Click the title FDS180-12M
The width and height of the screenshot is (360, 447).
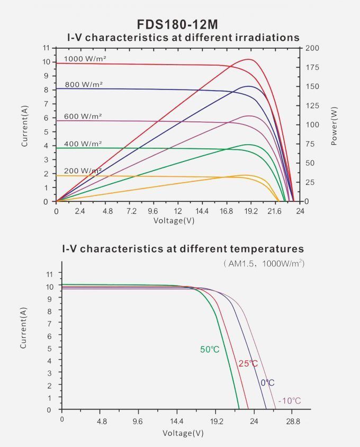click(177, 24)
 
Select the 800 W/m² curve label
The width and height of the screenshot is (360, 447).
click(84, 84)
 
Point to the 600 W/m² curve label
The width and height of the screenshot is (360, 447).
click(83, 116)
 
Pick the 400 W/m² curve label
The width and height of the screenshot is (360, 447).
click(83, 144)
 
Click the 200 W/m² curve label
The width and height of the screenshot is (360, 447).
click(83, 171)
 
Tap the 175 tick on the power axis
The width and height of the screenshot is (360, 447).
click(313, 67)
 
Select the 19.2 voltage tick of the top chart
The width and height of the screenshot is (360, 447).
click(251, 211)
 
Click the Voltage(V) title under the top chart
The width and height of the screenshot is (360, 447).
click(174, 220)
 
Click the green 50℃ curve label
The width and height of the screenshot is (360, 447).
click(210, 350)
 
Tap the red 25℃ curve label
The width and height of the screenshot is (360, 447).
click(248, 363)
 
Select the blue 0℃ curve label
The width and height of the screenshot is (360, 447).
click(267, 383)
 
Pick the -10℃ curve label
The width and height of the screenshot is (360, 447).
click(290, 400)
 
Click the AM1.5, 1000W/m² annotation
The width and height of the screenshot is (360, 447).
click(264, 263)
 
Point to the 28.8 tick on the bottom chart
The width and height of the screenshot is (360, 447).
click(293, 422)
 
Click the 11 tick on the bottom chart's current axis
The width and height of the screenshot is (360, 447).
click(50, 274)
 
